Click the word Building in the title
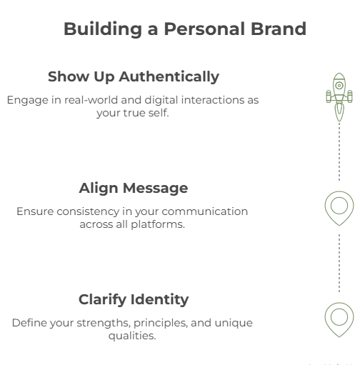tap(103, 29)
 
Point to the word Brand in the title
tap(279, 29)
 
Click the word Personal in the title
tap(205, 29)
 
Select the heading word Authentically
tap(169, 77)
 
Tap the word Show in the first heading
tap(69, 76)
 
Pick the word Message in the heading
tap(156, 189)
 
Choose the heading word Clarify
tap(102, 300)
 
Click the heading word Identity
tap(160, 299)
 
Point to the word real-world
tap(91, 100)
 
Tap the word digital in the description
tap(161, 101)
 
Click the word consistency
tap(88, 211)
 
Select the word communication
tap(205, 211)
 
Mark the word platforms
tap(158, 225)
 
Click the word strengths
tap(104, 324)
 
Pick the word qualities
tap(132, 336)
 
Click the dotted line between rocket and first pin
tap(339, 151)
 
